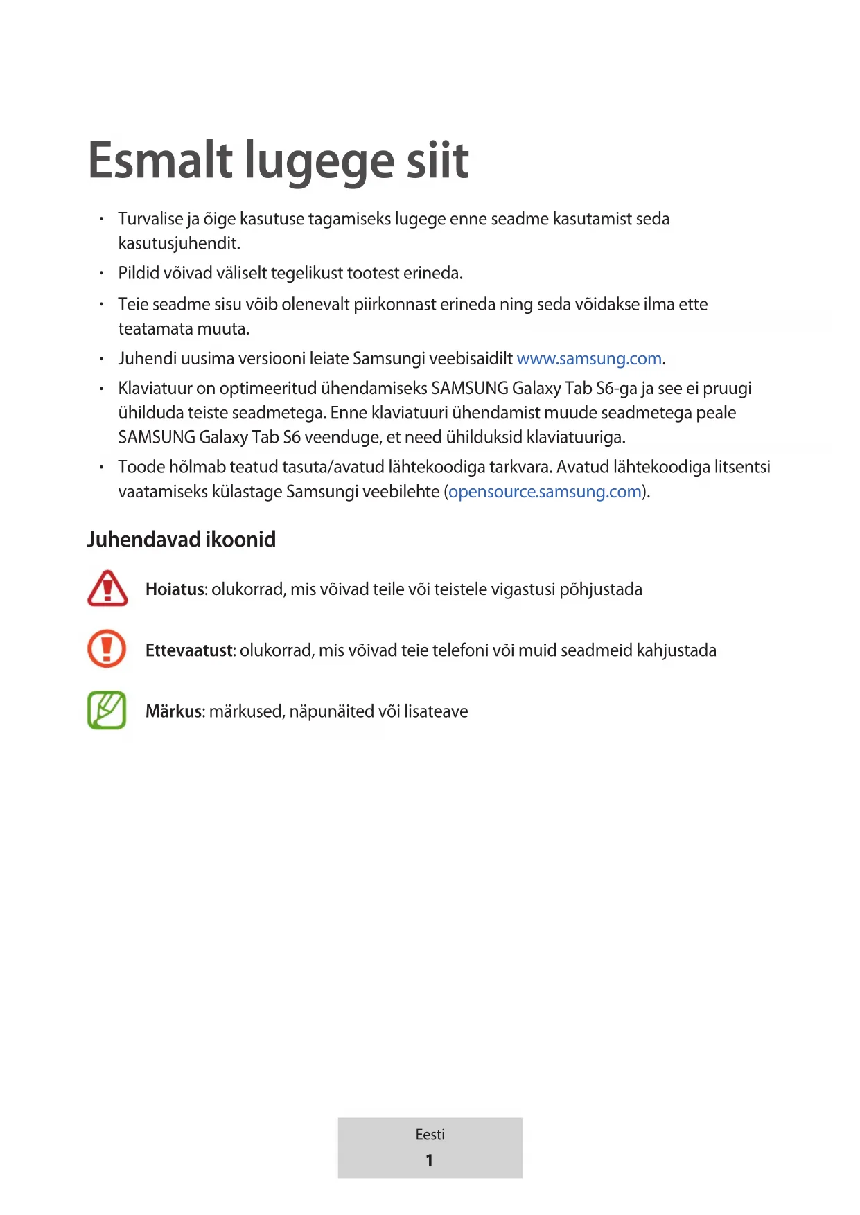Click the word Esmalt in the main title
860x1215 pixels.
click(x=160, y=160)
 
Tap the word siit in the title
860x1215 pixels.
click(x=437, y=160)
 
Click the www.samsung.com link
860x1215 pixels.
click(x=589, y=359)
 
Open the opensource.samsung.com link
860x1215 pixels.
click(x=545, y=492)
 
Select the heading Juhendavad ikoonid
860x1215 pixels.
click(x=182, y=539)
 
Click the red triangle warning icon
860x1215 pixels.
click(x=107, y=588)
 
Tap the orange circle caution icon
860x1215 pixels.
click(x=107, y=649)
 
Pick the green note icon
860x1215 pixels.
click(x=107, y=710)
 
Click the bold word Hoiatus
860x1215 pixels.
click(x=175, y=589)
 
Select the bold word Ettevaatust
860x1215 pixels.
click(x=189, y=650)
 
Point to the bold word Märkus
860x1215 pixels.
click(x=174, y=711)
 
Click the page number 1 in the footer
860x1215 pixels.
click(x=430, y=1160)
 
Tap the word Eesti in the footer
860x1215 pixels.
click(x=430, y=1135)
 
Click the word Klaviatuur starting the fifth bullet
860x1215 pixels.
click(x=155, y=389)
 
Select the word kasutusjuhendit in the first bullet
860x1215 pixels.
click(x=179, y=244)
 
